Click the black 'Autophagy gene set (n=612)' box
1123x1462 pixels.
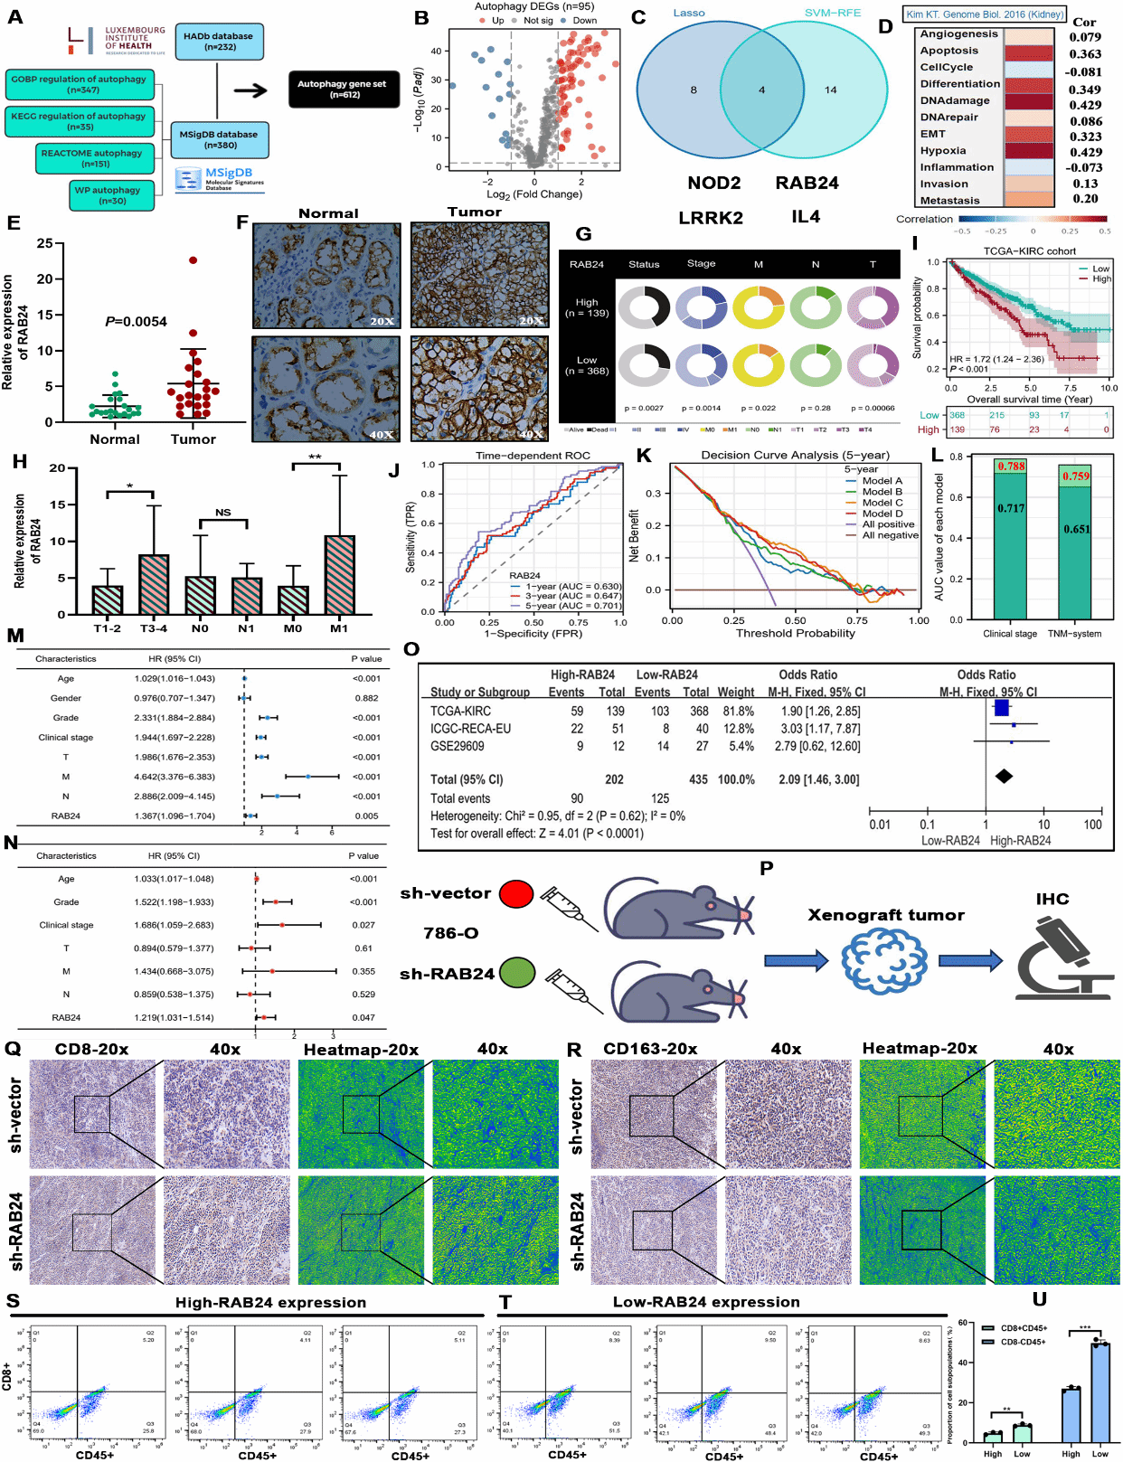coord(344,89)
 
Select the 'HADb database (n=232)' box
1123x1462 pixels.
coord(218,42)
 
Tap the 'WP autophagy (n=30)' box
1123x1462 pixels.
coord(112,195)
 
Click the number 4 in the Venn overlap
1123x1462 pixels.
coord(761,90)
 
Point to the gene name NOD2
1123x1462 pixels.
coord(713,184)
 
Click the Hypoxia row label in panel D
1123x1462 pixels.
coord(943,151)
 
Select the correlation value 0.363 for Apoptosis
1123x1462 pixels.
coord(1085,54)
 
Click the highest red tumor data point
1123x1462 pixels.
coord(193,260)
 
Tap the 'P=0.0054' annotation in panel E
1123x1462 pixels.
coord(136,321)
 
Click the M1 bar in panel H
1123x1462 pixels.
coord(339,575)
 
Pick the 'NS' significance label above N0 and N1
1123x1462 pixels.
coord(222,513)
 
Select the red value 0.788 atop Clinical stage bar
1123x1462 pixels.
coord(1011,467)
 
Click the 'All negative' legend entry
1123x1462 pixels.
coord(890,535)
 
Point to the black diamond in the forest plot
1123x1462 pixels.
coord(1004,776)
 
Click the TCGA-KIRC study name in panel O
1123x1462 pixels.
coord(460,711)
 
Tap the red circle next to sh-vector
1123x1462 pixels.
coord(516,894)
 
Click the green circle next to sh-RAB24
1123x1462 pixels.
coord(516,973)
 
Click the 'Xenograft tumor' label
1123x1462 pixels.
coord(885,915)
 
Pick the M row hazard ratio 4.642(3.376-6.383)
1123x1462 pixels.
coord(175,777)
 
